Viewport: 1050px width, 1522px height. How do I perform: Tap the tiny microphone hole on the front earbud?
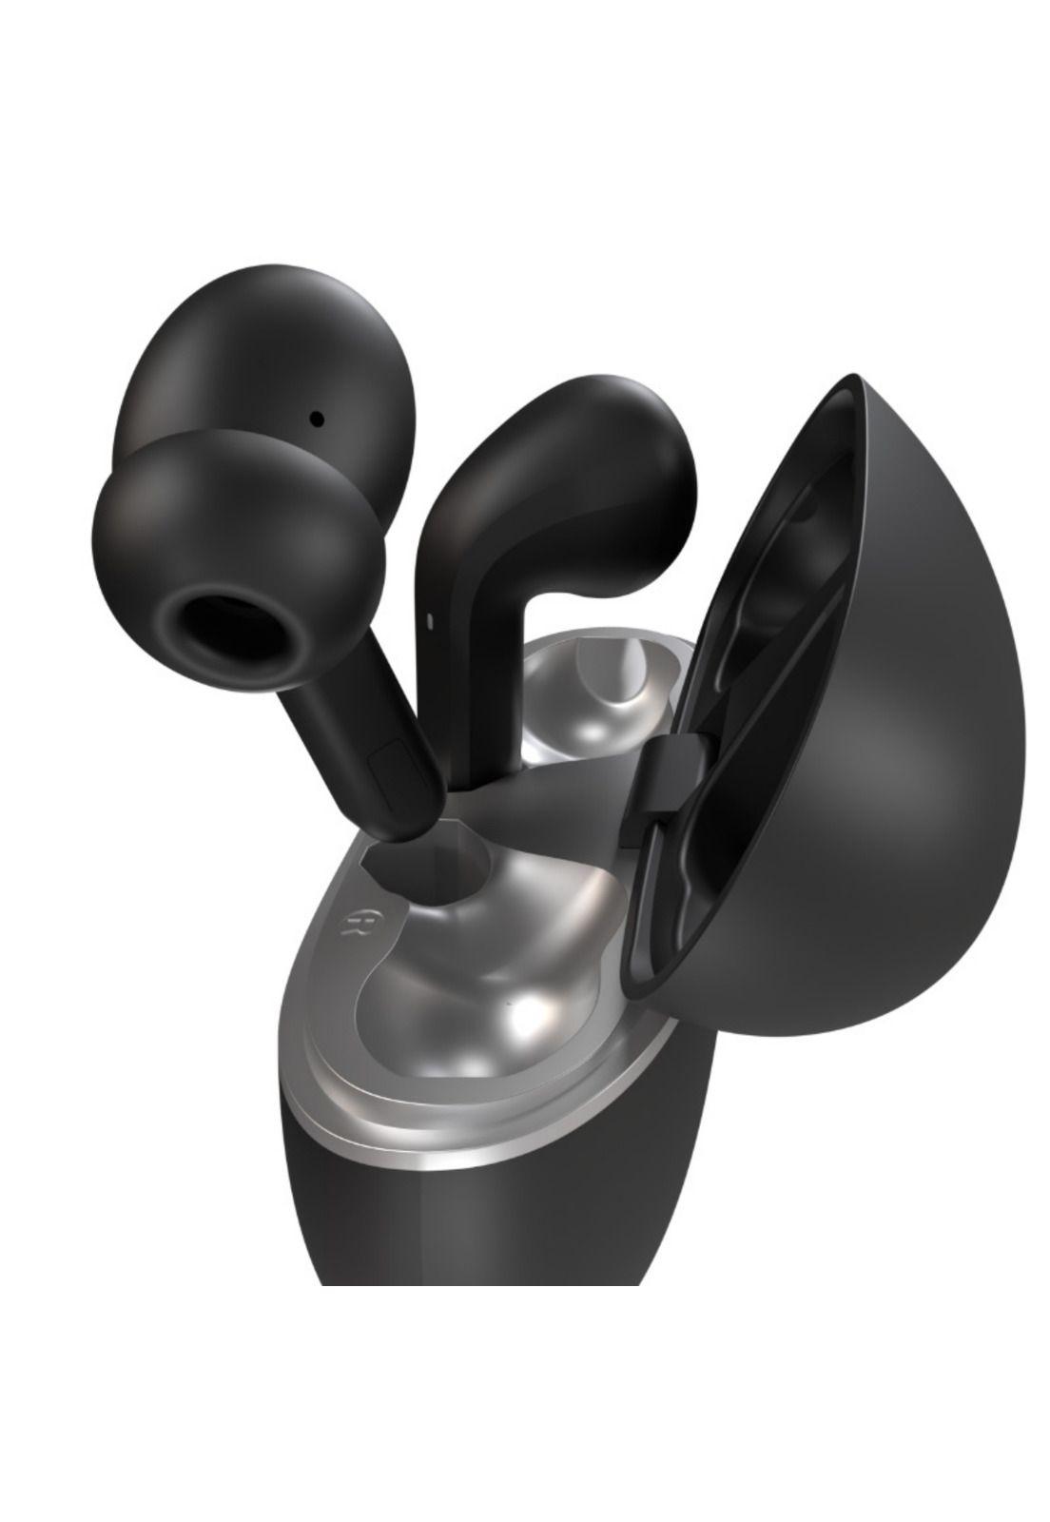(317, 417)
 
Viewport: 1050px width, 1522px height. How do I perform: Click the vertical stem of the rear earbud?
(476, 618)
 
